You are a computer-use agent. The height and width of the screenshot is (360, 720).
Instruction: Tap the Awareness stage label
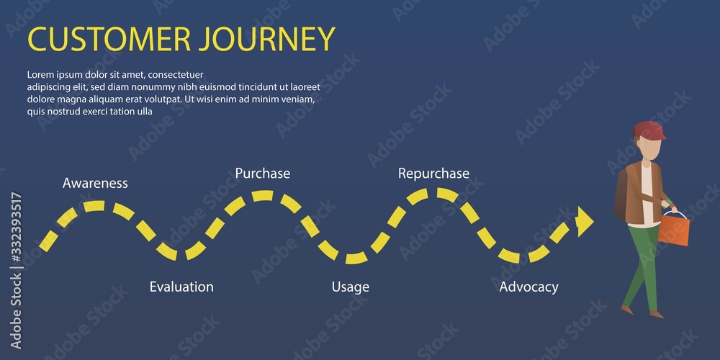(x=95, y=183)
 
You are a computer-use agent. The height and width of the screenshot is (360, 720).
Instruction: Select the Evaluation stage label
(x=181, y=287)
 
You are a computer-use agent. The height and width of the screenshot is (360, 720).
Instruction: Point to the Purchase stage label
(x=263, y=174)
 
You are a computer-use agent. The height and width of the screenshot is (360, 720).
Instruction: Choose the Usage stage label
(x=351, y=287)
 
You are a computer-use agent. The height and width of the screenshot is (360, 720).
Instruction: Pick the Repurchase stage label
(x=433, y=174)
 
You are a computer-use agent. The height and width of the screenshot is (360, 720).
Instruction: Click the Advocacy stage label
(x=529, y=287)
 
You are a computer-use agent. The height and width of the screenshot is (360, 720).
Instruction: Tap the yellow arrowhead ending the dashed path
(x=585, y=220)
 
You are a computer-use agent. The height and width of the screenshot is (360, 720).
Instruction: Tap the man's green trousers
(x=643, y=266)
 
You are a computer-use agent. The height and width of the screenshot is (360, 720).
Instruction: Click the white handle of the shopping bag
(x=673, y=214)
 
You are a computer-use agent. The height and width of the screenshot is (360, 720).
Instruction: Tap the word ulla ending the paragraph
(x=144, y=112)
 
